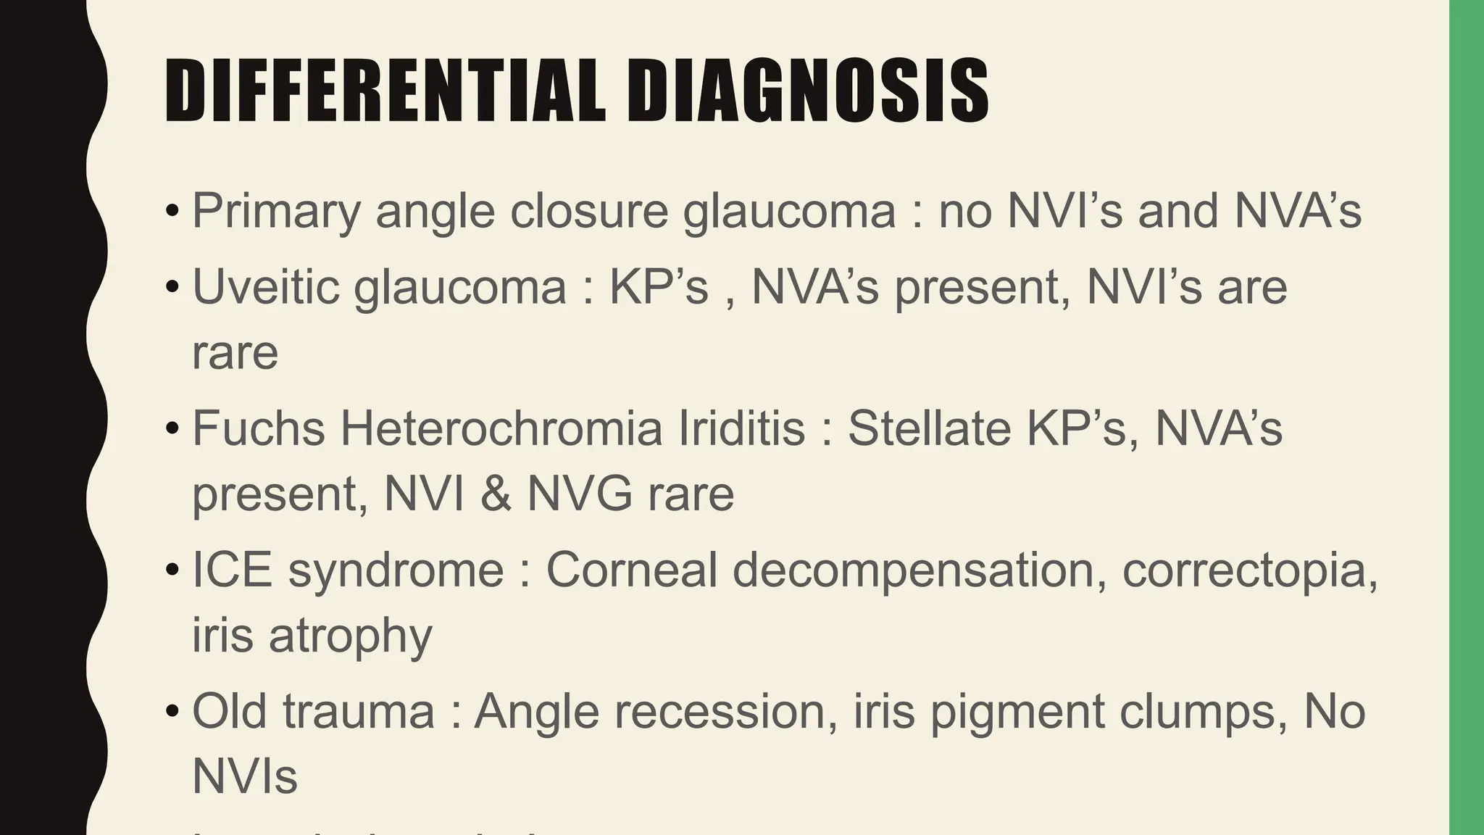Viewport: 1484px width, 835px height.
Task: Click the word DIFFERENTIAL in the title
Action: tap(385, 91)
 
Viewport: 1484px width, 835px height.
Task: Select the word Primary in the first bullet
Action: tap(276, 212)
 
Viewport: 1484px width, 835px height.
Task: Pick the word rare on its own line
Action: tap(235, 353)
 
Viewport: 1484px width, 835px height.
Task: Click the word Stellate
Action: tap(930, 428)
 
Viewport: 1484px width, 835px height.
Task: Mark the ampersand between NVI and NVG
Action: tap(496, 494)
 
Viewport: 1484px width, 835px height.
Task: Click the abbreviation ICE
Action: tap(232, 570)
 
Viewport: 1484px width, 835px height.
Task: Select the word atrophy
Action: tap(351, 636)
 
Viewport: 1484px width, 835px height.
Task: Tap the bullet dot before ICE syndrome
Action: tap(172, 570)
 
